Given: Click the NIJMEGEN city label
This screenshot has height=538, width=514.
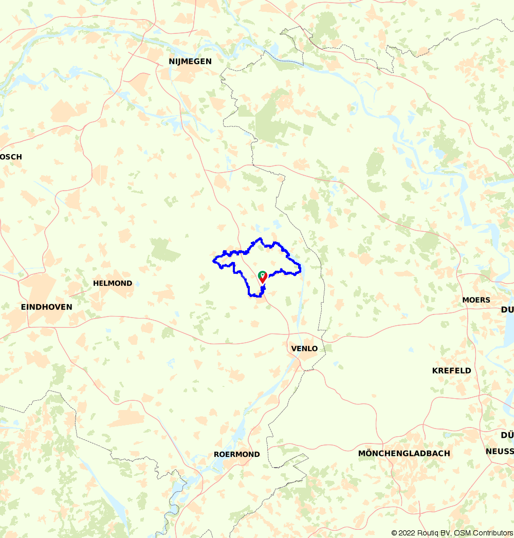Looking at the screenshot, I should [x=190, y=61].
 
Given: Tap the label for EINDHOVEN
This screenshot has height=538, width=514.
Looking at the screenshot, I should [x=46, y=307].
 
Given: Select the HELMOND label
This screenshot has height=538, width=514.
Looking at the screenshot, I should [x=113, y=283].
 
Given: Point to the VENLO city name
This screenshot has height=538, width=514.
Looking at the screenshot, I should [x=304, y=348].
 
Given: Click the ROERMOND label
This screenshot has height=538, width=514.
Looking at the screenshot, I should [x=237, y=454].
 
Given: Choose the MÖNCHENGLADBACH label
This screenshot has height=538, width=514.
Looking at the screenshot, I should [x=404, y=453].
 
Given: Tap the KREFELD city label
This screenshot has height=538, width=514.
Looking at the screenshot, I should [x=451, y=370].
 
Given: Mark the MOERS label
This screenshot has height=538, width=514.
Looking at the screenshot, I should [x=476, y=300].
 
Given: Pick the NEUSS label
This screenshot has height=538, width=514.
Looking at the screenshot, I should [x=500, y=451].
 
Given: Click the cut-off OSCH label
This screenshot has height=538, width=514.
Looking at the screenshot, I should [x=11, y=157].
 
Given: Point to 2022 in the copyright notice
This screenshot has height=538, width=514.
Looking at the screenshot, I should [x=409, y=533].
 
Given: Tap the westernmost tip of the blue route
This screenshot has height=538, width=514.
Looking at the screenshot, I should [x=213, y=261].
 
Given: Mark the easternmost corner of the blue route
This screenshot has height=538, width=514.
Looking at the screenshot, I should [x=300, y=266].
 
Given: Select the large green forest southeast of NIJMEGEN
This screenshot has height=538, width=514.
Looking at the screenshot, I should [x=270, y=121].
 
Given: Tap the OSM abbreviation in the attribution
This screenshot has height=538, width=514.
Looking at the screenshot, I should [x=461, y=533].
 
